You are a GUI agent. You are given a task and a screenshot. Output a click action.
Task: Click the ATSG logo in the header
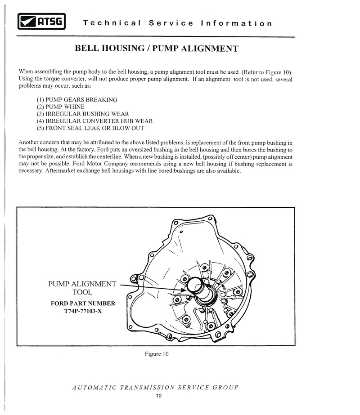42,21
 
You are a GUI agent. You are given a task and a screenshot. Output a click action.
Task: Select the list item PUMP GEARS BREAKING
77,99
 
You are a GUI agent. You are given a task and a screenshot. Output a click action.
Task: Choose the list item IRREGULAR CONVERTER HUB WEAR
95,121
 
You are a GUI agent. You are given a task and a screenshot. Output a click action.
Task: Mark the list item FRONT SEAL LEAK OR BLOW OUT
90,128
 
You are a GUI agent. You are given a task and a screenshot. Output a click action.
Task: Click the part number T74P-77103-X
83,311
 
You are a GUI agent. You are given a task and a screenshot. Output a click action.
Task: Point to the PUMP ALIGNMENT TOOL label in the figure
82,288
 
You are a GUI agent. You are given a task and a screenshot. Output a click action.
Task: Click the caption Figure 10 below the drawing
156,354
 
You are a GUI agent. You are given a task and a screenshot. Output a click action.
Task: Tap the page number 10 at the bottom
158,396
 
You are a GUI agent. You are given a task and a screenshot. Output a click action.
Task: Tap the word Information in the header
236,23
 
